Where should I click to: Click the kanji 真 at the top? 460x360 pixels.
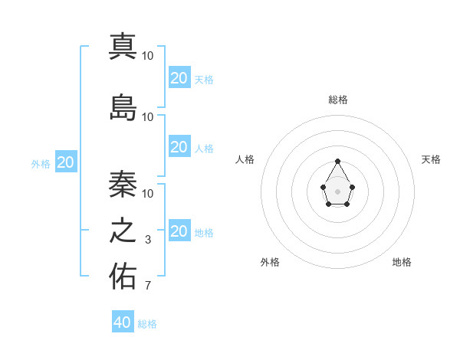123,46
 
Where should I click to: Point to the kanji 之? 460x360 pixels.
123,231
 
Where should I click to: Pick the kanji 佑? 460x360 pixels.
123,277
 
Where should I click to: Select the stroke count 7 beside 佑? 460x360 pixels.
148,286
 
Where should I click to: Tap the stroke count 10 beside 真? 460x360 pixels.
148,56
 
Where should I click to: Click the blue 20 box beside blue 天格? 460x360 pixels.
179,78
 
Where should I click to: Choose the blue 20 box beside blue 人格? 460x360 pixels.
179,147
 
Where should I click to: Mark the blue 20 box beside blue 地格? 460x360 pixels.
179,231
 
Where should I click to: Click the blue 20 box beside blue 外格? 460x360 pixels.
66,162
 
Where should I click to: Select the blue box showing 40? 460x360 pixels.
123,322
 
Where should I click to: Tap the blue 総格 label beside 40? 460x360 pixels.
147,324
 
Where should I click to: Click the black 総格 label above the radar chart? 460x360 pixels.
337,100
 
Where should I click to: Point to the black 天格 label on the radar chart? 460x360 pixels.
431,159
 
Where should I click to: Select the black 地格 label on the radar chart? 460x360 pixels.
402,262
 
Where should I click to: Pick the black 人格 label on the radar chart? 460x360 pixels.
245,159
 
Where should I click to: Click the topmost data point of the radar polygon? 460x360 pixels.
337,161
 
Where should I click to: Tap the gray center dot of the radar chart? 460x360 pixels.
337,191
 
